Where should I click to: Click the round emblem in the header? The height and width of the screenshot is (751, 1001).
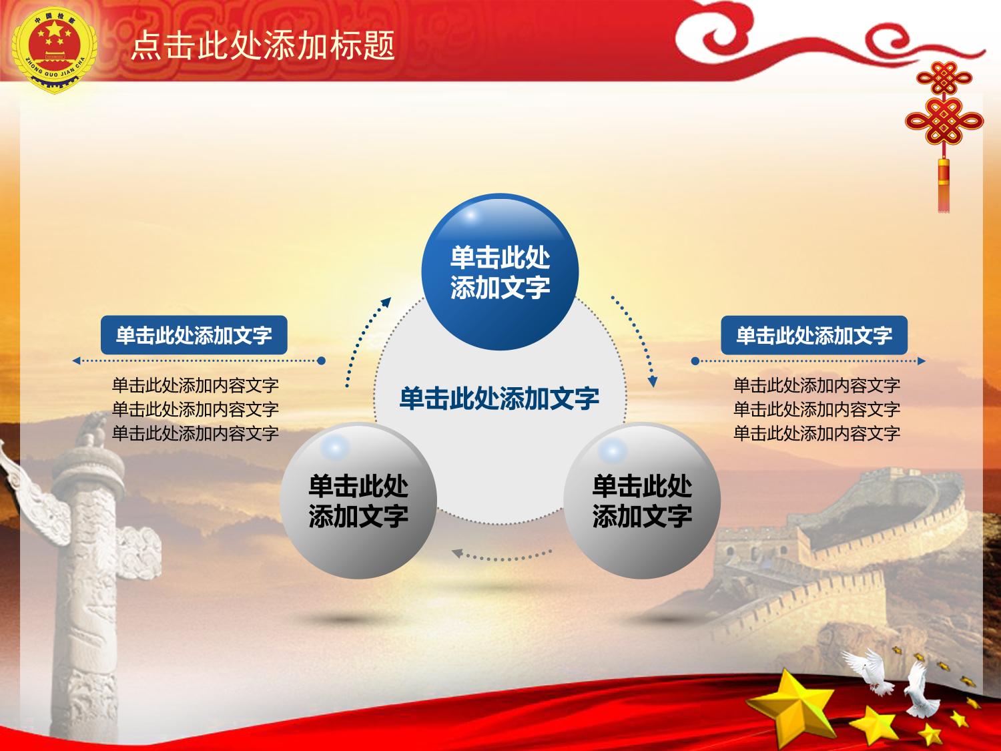pyautogui.click(x=54, y=50)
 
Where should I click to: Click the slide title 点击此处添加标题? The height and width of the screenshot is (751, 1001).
pyautogui.click(x=263, y=45)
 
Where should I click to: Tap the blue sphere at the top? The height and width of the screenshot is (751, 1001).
pyautogui.click(x=500, y=272)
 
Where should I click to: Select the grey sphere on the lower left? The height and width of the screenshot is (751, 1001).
pyautogui.click(x=358, y=501)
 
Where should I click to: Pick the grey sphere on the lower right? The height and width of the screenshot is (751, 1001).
pyautogui.click(x=642, y=501)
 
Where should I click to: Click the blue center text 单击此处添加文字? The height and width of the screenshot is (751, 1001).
pyautogui.click(x=499, y=398)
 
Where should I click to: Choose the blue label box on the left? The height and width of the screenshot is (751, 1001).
pyautogui.click(x=194, y=335)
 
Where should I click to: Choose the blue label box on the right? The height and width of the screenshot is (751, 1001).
pyautogui.click(x=814, y=335)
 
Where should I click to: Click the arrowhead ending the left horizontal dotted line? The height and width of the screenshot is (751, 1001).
pyautogui.click(x=76, y=360)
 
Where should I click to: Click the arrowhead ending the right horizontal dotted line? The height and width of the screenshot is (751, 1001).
pyautogui.click(x=922, y=361)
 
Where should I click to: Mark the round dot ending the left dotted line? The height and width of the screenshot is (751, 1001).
pyautogui.click(x=321, y=360)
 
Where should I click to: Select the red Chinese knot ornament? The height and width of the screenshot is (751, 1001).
pyautogui.click(x=944, y=109)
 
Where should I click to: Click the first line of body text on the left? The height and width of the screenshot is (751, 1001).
pyautogui.click(x=195, y=386)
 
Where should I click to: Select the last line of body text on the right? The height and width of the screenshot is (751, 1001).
pyautogui.click(x=817, y=433)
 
